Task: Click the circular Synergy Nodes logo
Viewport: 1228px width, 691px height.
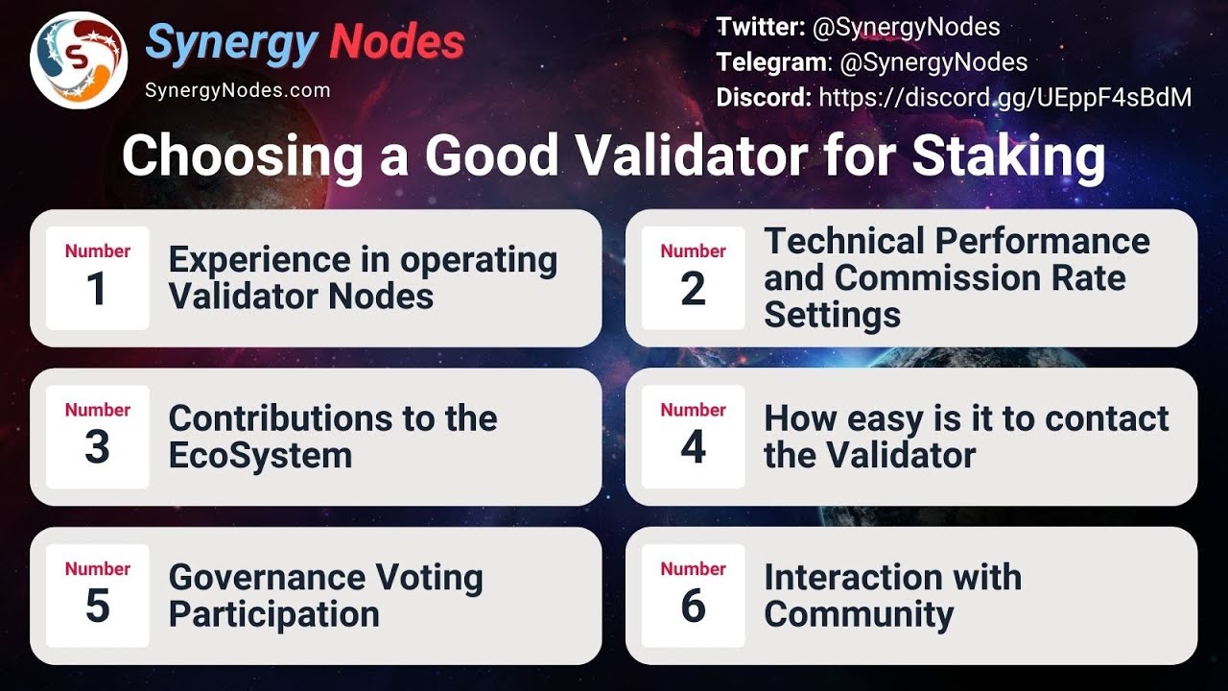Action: click(79, 60)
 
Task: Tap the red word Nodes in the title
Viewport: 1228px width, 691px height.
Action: click(397, 43)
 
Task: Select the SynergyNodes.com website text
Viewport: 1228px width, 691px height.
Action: click(237, 91)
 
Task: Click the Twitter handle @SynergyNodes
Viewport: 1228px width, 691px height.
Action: click(906, 28)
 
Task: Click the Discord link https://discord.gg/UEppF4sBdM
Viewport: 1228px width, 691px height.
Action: click(1004, 97)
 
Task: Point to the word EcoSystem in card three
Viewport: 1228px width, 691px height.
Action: click(260, 455)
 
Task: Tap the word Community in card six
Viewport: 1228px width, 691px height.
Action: click(858, 614)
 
